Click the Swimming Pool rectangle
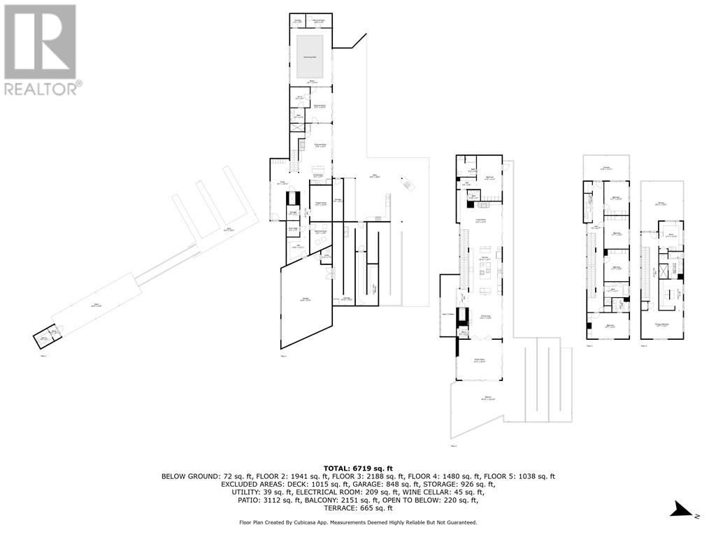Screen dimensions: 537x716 tap(308, 56)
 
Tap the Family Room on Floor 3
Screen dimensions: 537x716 tap(480, 361)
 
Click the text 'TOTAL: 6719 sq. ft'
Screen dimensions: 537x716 tap(357, 468)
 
